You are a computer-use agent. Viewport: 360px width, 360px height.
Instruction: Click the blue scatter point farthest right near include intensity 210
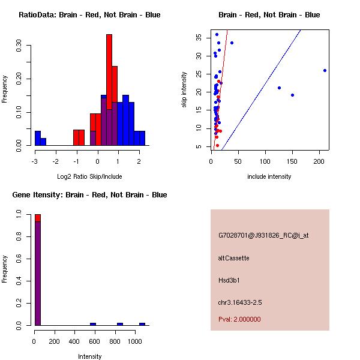point(325,70)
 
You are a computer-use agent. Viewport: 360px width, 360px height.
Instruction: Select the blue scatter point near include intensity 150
point(292,95)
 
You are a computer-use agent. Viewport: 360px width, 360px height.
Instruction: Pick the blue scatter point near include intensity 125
point(279,88)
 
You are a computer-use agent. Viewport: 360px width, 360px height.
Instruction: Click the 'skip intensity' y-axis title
point(184,90)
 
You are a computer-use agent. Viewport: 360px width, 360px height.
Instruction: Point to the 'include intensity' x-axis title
point(269,176)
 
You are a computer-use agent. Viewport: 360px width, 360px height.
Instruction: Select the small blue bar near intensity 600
point(93,324)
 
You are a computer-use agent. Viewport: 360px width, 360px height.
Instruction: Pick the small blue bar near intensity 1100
point(142,324)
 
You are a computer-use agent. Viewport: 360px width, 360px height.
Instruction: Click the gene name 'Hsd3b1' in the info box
point(229,280)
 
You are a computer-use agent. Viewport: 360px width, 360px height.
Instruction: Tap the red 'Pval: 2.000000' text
point(239,319)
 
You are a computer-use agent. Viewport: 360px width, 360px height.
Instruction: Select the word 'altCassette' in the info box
point(233,258)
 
